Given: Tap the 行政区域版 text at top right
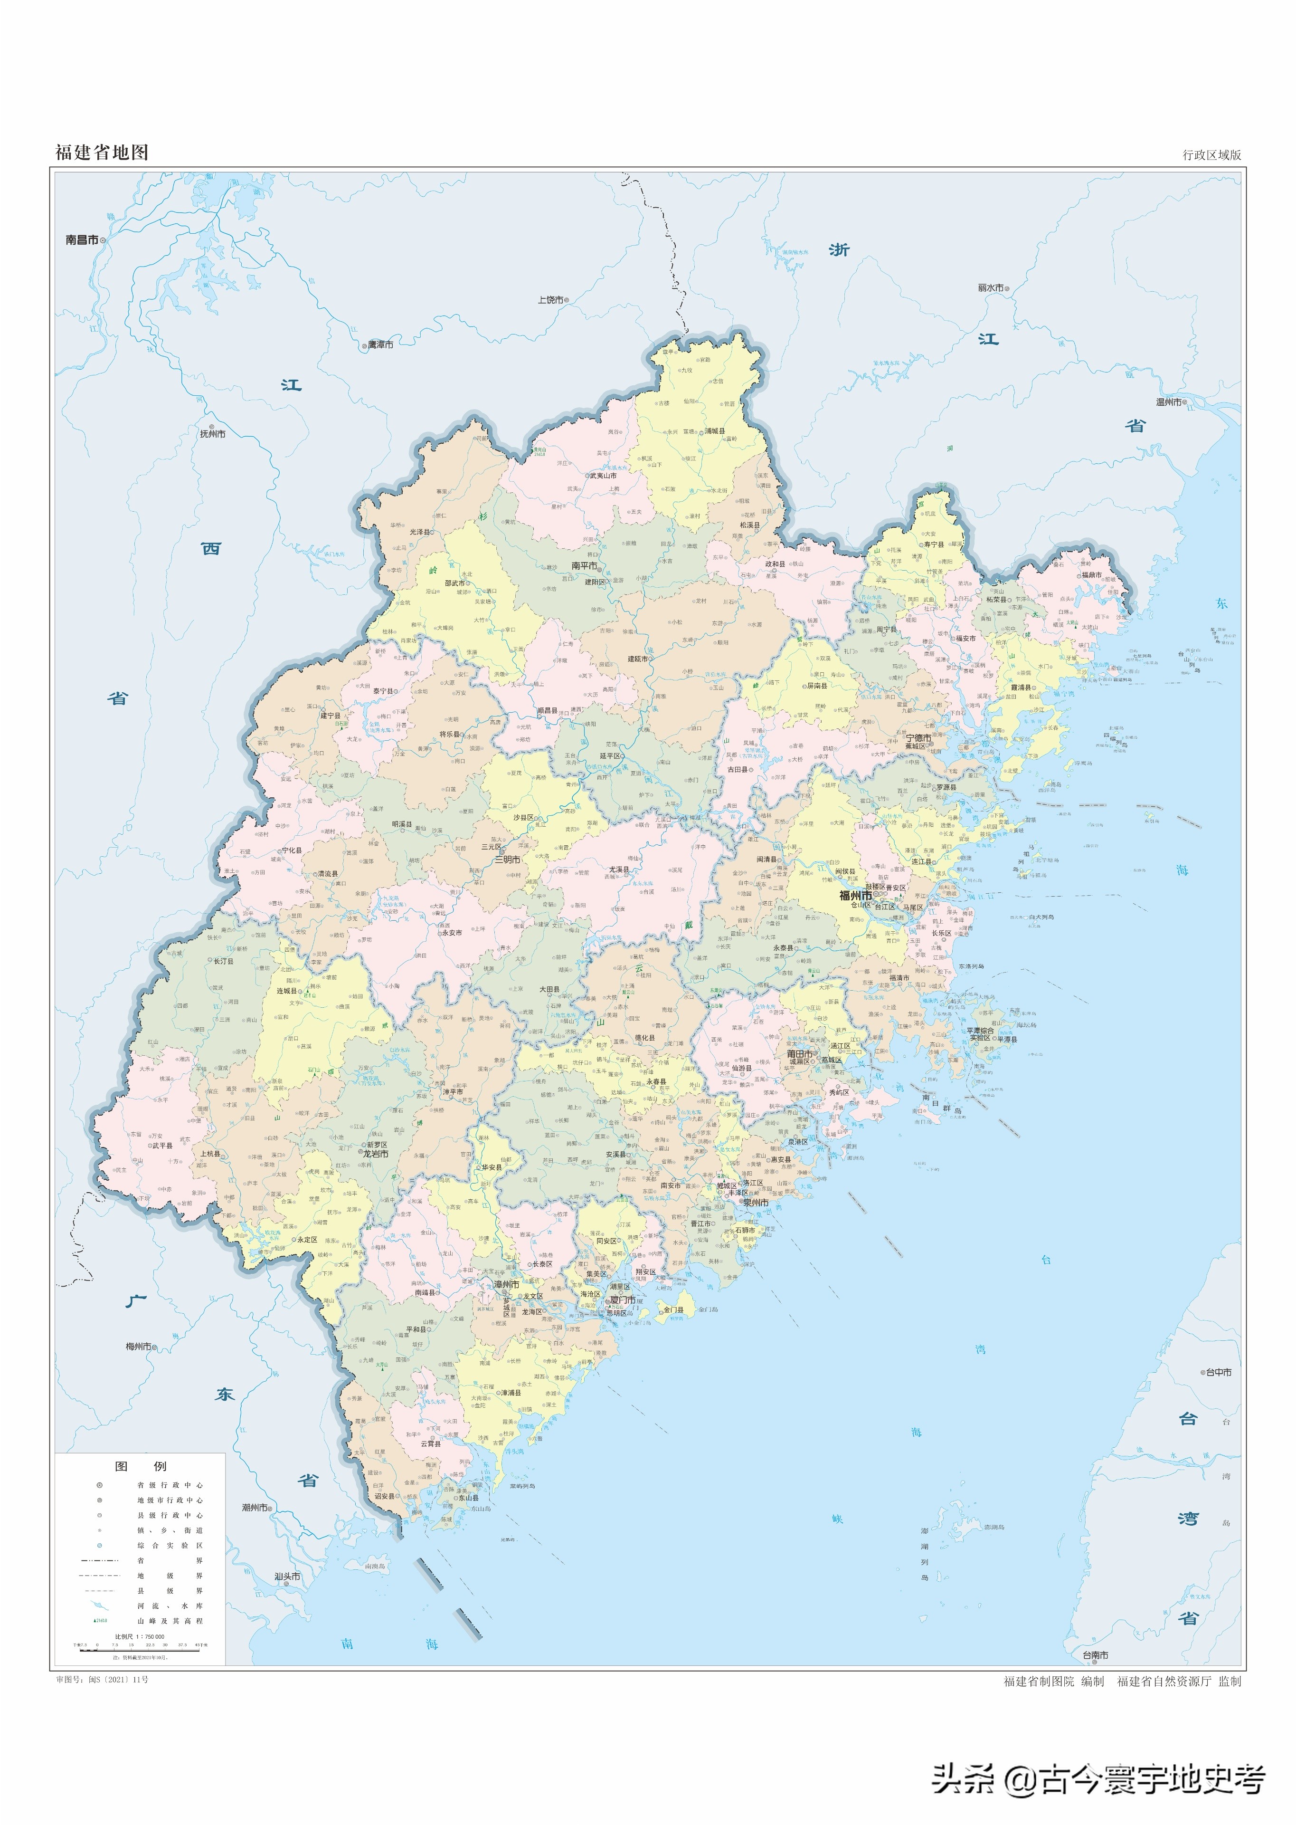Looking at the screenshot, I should click(1211, 155).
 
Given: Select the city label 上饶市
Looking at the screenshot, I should click(550, 300).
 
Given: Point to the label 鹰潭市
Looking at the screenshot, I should click(381, 345).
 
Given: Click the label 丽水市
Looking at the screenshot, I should click(990, 287).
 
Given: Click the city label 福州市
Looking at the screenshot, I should click(855, 896).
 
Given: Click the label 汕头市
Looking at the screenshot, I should click(287, 1577).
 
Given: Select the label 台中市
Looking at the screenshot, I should click(1219, 1372).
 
